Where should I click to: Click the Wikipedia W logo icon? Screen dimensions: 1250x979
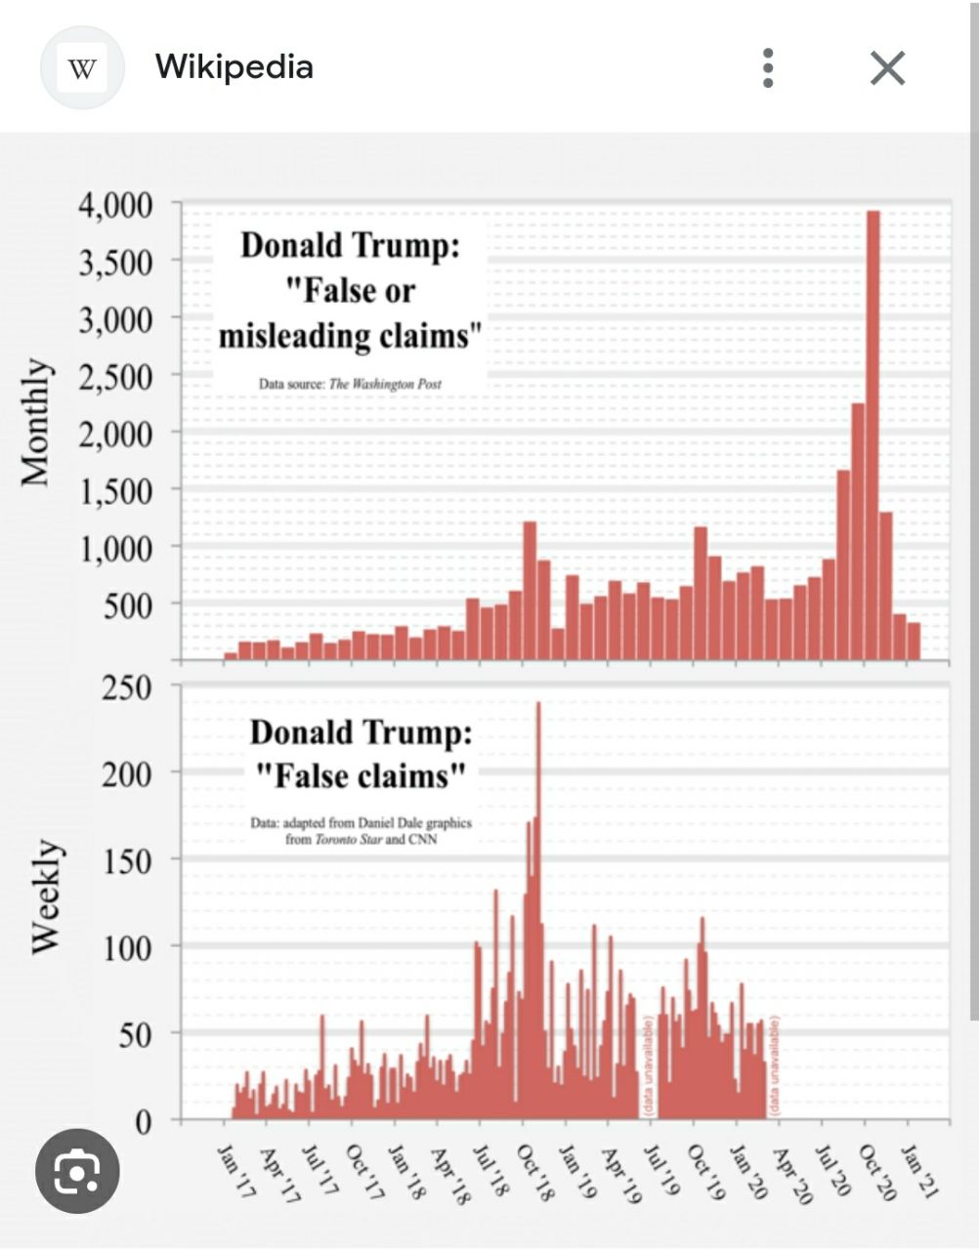(82, 68)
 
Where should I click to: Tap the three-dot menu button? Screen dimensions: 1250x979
(768, 68)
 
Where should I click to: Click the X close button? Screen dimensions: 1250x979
(887, 68)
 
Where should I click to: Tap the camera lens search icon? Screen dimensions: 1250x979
(77, 1171)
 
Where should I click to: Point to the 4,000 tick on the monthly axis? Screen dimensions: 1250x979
(116, 205)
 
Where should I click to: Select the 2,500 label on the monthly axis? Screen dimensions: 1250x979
(116, 377)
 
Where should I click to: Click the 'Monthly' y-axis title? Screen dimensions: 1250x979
(36, 422)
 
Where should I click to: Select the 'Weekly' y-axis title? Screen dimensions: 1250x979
(46, 896)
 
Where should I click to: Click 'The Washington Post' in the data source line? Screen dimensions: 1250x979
(385, 384)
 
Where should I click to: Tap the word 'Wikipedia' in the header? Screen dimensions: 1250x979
(234, 67)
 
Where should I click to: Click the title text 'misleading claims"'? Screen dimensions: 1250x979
(350, 336)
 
